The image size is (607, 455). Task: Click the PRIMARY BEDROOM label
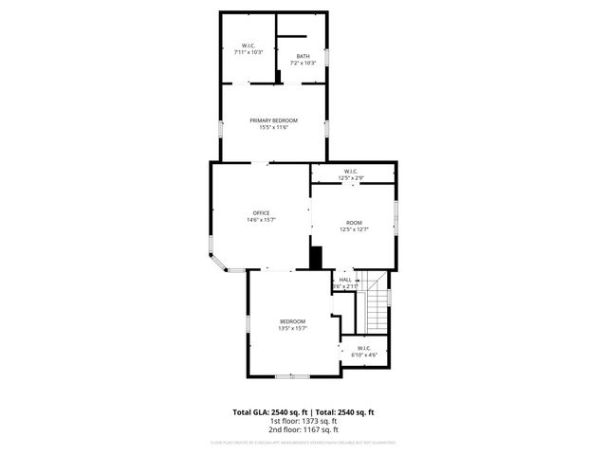(274, 120)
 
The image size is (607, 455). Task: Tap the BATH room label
(303, 57)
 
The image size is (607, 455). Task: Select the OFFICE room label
(261, 212)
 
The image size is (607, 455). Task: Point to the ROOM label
(354, 222)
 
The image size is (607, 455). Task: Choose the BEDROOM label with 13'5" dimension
(292, 322)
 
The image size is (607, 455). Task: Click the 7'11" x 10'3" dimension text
(248, 51)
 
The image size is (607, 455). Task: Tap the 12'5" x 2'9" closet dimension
(351, 178)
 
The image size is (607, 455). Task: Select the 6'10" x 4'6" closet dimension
(364, 355)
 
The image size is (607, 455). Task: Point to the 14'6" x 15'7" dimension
(261, 220)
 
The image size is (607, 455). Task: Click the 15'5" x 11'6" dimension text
(274, 128)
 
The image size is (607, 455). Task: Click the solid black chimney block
(317, 258)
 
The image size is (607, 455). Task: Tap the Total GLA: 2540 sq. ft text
(267, 412)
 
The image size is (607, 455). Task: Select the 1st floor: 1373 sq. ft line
(303, 421)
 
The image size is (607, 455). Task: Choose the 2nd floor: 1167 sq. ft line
(303, 429)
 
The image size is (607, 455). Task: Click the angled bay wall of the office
(218, 261)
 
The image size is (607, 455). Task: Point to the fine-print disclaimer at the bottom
(303, 443)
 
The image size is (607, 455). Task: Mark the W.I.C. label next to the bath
(248, 45)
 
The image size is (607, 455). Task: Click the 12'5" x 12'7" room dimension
(354, 228)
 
